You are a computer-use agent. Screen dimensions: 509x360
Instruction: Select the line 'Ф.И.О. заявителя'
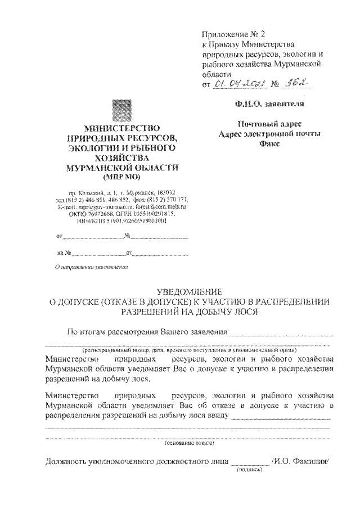[270, 103]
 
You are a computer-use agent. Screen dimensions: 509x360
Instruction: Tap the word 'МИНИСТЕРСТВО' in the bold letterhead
[122, 128]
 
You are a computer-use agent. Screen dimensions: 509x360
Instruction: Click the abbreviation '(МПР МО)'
[122, 177]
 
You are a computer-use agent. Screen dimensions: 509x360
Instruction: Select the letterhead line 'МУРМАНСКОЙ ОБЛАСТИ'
[122, 168]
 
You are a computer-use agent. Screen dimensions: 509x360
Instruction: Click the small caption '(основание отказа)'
[188, 443]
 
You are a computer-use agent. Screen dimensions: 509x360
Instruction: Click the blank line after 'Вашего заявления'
[281, 332]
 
